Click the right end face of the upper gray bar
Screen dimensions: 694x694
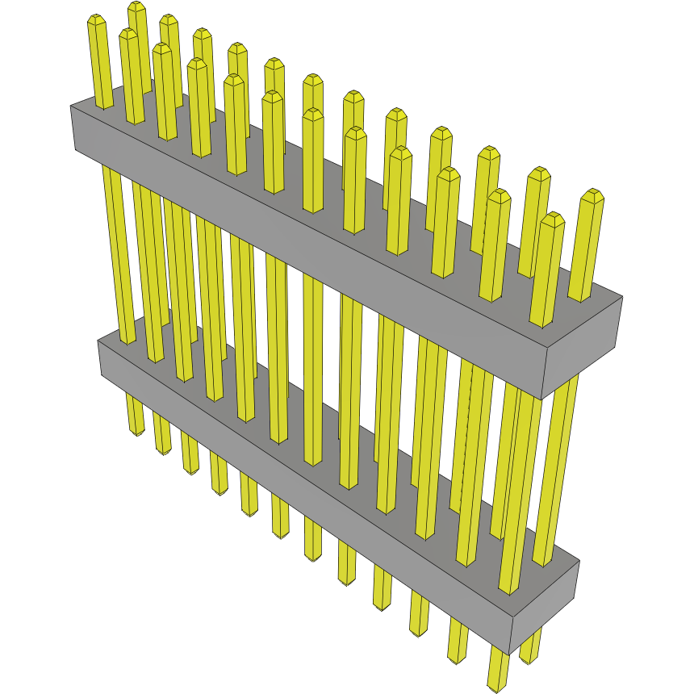click(x=585, y=347)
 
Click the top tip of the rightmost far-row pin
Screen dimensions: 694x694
click(x=593, y=195)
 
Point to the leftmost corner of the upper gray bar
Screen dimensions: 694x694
click(x=71, y=107)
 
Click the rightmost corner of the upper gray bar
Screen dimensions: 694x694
click(x=622, y=298)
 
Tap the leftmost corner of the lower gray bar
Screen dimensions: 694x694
click(x=98, y=341)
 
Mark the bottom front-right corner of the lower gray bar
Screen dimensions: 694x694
click(x=508, y=654)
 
